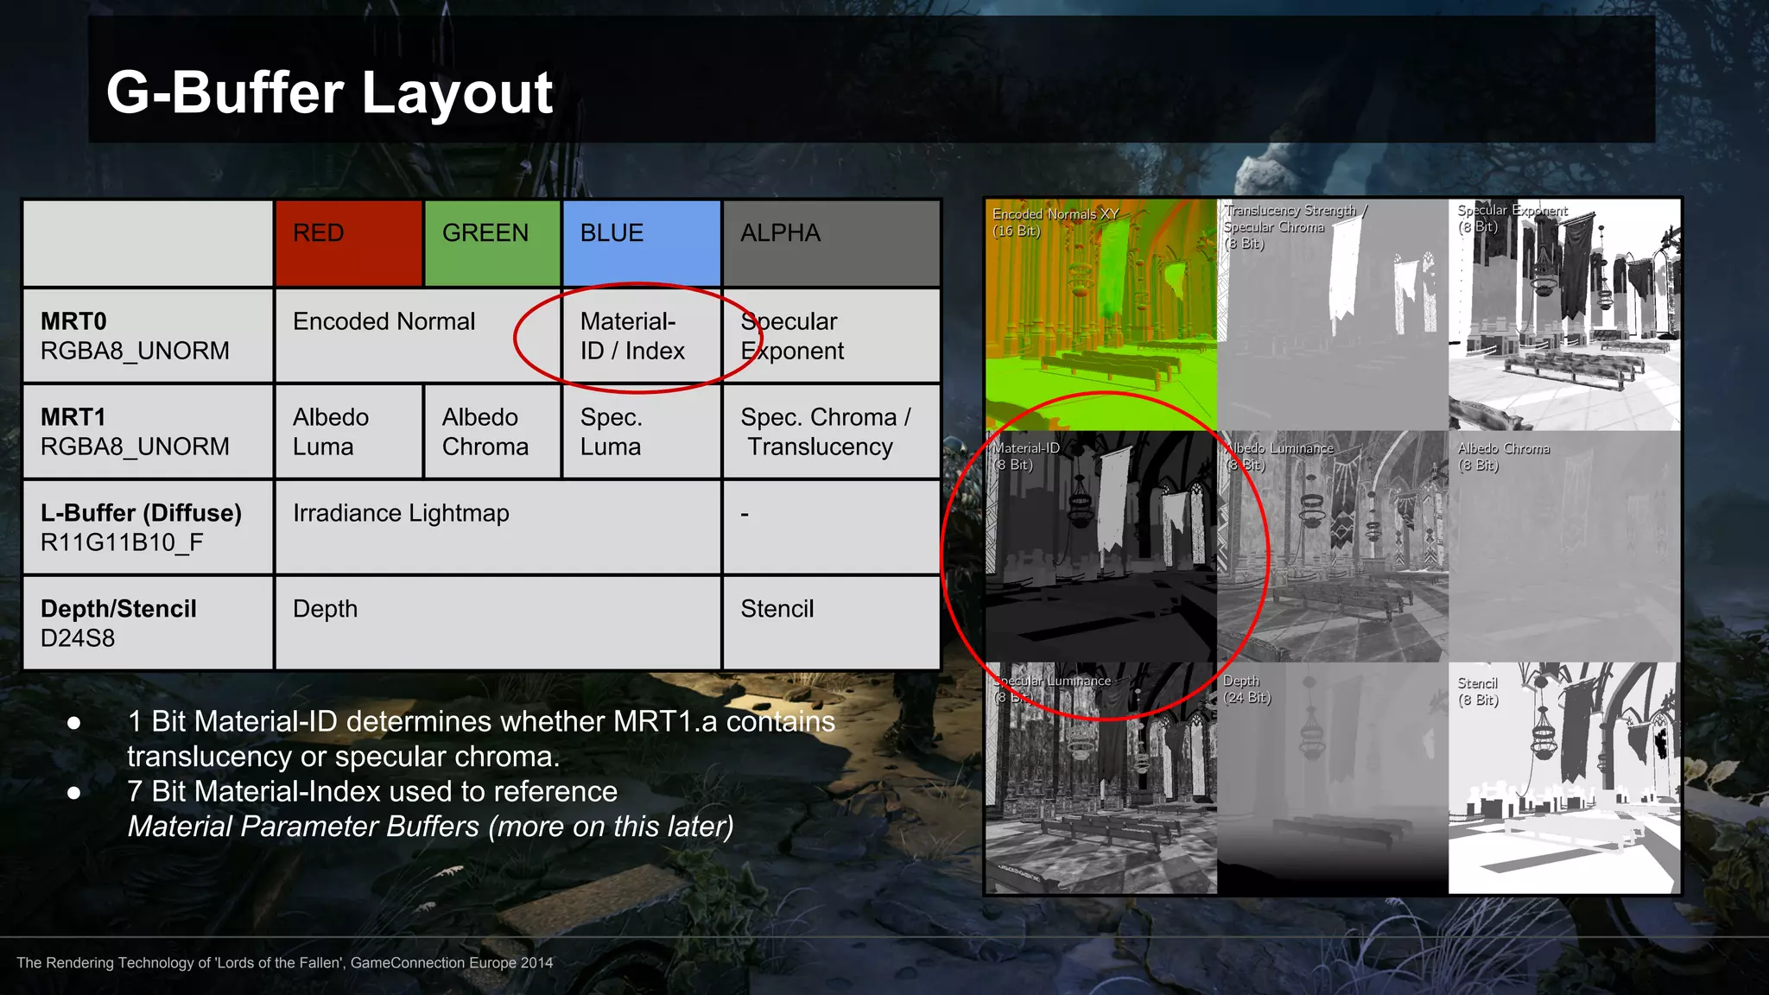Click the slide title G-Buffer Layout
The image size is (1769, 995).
pyautogui.click(x=329, y=92)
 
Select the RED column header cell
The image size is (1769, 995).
pyautogui.click(x=348, y=243)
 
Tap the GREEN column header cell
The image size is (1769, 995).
pyautogui.click(x=492, y=243)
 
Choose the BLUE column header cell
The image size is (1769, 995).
pyautogui.click(x=641, y=243)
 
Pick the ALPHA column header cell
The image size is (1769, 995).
pyautogui.click(x=830, y=243)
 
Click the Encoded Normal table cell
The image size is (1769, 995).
pyautogui.click(x=384, y=322)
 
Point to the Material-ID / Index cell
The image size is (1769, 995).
pyautogui.click(x=632, y=336)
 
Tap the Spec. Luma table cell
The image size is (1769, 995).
pyautogui.click(x=641, y=432)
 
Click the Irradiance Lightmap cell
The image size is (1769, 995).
pyautogui.click(x=401, y=514)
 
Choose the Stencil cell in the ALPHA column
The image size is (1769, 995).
pyautogui.click(x=777, y=610)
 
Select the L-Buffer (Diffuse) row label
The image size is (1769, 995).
pyautogui.click(x=141, y=527)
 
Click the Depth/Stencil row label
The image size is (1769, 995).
pyautogui.click(x=118, y=623)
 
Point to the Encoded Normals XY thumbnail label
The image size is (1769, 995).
pyautogui.click(x=1055, y=222)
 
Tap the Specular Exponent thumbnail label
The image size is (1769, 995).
pyautogui.click(x=1512, y=219)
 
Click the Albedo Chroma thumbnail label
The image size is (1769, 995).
pyautogui.click(x=1503, y=456)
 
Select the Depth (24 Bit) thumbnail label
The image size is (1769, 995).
pyautogui.click(x=1246, y=689)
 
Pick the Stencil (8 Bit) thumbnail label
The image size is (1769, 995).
pyautogui.click(x=1478, y=691)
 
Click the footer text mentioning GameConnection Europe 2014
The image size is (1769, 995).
pyautogui.click(x=285, y=962)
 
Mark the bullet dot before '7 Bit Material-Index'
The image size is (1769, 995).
pyautogui.click(x=74, y=792)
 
